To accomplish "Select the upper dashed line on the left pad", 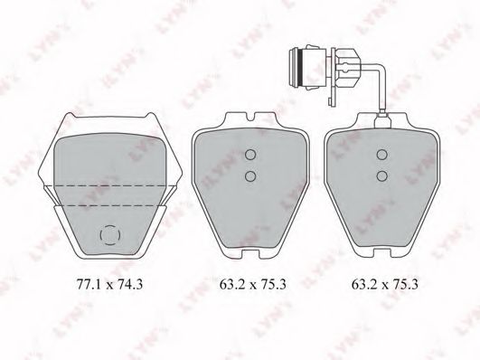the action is click(110, 185).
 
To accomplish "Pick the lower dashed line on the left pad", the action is click(110, 205).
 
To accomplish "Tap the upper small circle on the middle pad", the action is click(250, 155).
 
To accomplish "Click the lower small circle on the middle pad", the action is click(250, 175).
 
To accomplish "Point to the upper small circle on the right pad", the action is click(382, 155).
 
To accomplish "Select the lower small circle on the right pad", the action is click(382, 175).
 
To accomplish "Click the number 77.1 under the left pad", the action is click(88, 284).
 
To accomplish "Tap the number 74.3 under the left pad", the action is click(131, 284).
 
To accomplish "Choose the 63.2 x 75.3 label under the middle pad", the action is click(253, 284).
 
